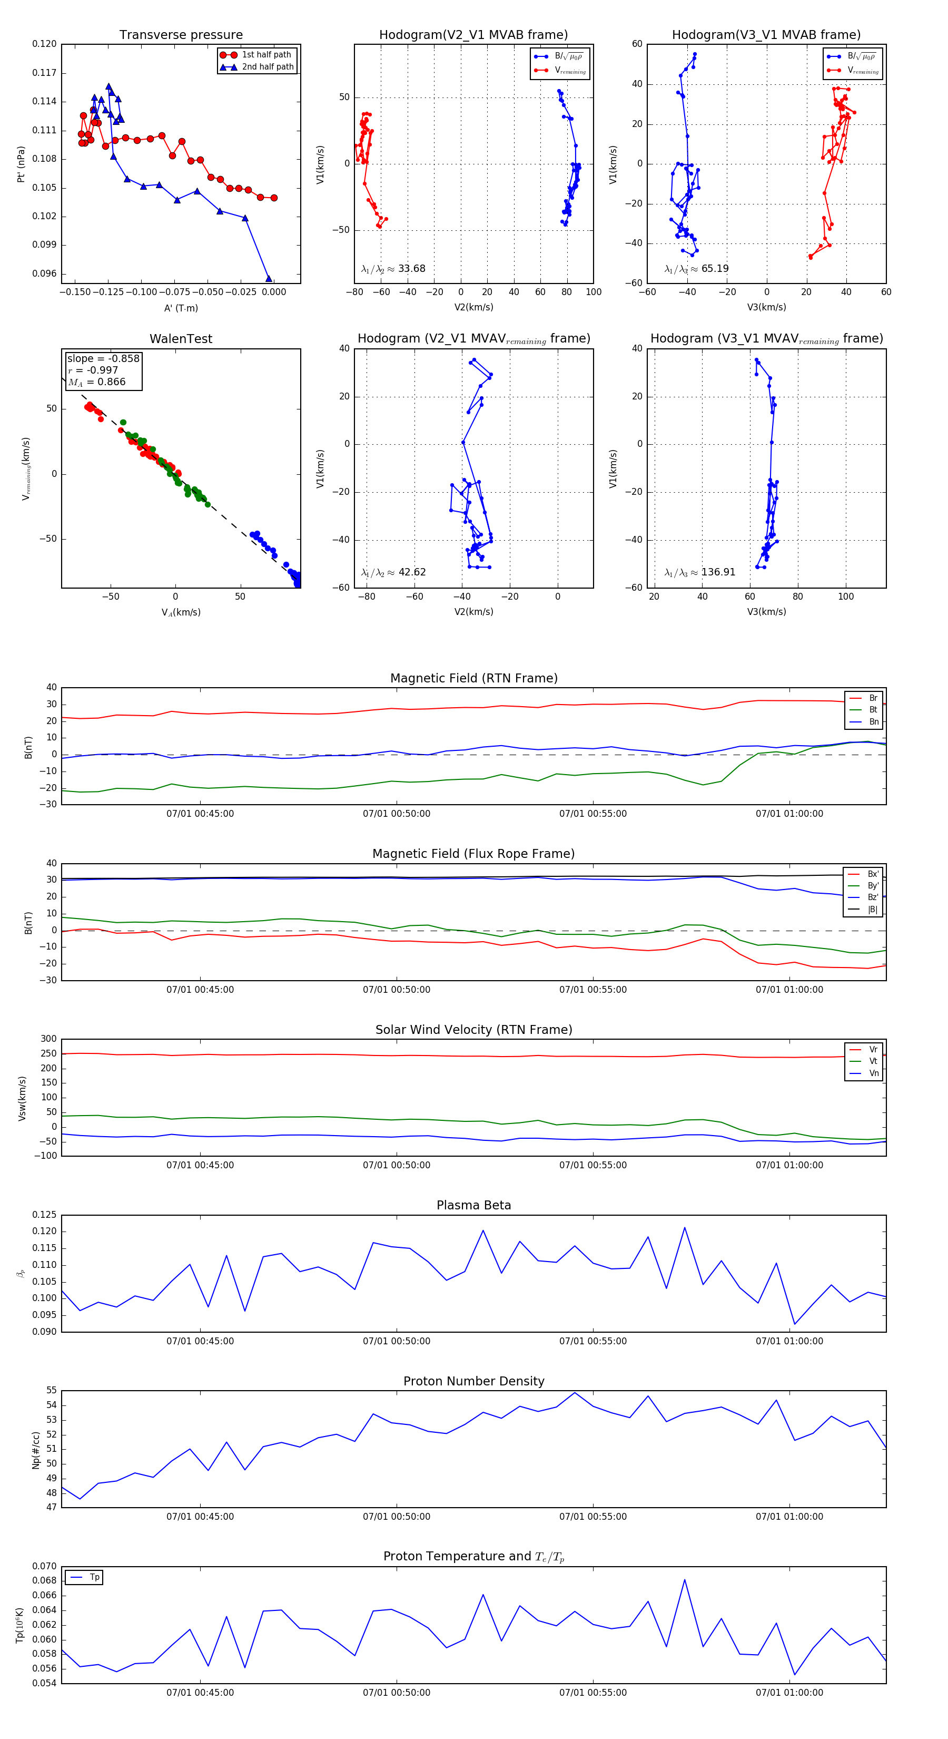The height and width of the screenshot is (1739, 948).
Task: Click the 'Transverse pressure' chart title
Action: pyautogui.click(x=181, y=35)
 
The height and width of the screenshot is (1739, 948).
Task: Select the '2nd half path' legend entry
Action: pyautogui.click(x=267, y=67)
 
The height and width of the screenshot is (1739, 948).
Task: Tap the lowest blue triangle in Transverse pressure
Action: pyautogui.click(x=269, y=279)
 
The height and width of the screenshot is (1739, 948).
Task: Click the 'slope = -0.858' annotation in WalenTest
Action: pyautogui.click(x=103, y=358)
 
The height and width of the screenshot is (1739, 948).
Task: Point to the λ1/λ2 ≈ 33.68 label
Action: pyautogui.click(x=393, y=269)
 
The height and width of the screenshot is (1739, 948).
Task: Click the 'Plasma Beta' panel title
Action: pyautogui.click(x=473, y=1206)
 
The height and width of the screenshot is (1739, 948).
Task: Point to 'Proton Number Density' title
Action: pyautogui.click(x=473, y=1381)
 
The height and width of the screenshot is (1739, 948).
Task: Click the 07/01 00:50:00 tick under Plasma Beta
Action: pyautogui.click(x=396, y=1341)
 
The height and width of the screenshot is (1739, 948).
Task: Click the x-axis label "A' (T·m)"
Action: pyautogui.click(x=181, y=308)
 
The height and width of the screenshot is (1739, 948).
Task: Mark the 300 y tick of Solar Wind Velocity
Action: pyautogui.click(x=48, y=1039)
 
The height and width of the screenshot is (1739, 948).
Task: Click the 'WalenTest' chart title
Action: pyautogui.click(x=181, y=339)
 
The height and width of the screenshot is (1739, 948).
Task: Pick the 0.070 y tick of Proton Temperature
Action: pyautogui.click(x=45, y=1566)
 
